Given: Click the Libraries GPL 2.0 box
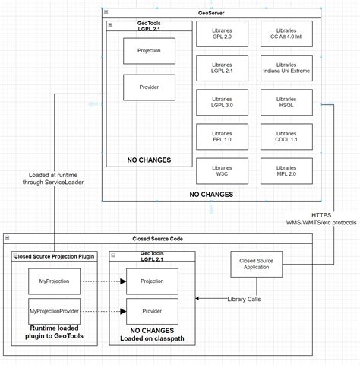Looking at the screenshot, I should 222,33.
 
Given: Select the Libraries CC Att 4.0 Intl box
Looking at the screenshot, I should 286,33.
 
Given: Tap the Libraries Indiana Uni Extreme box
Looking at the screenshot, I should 286,68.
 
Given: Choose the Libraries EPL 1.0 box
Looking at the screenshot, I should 222,137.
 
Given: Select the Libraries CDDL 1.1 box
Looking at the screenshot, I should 286,137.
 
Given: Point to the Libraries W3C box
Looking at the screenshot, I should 222,171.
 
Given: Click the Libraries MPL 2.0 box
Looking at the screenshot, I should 286,171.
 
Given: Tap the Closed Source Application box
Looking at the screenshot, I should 257,265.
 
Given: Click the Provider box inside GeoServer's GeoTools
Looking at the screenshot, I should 150,87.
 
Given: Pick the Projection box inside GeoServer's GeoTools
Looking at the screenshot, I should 150,50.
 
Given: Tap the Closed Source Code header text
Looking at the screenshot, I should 158,239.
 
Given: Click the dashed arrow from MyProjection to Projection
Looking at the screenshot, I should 101,281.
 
